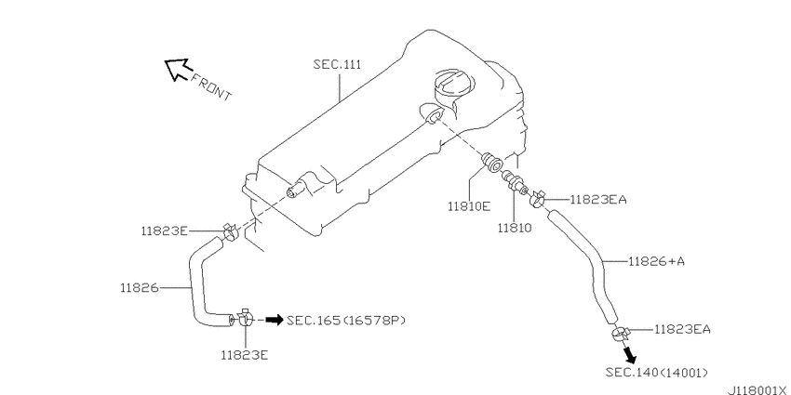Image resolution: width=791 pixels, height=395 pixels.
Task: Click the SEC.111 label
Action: pyautogui.click(x=337, y=64)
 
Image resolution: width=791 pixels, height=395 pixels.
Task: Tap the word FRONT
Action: pyautogui.click(x=211, y=87)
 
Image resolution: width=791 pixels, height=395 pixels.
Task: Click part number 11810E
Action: pyautogui.click(x=469, y=205)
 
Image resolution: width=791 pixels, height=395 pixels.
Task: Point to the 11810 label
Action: pyautogui.click(x=515, y=228)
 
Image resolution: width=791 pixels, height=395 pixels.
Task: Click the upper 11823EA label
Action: pyautogui.click(x=598, y=200)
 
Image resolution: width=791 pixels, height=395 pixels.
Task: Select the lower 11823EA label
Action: pyautogui.click(x=682, y=330)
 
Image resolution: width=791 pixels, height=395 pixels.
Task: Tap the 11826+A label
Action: pyautogui.click(x=657, y=261)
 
